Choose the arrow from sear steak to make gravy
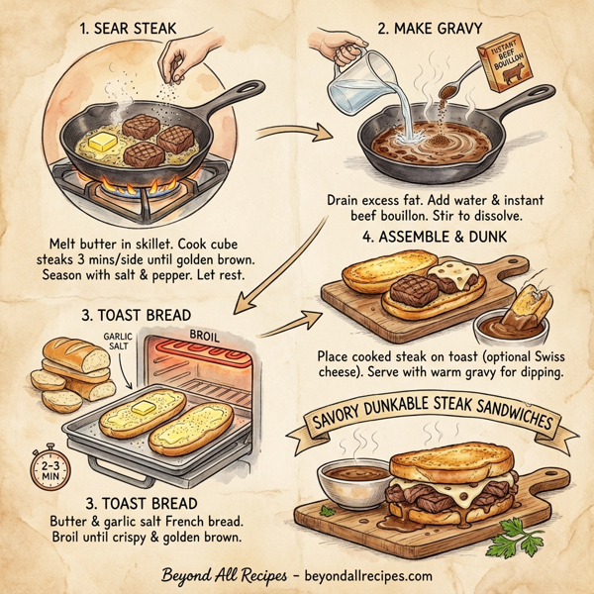[294, 130]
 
